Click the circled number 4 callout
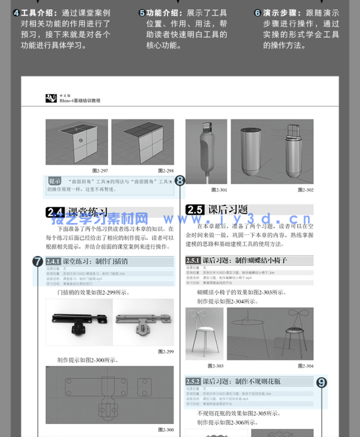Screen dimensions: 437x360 point(16,13)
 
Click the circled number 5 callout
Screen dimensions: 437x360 point(142,13)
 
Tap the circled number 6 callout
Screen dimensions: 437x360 point(257,13)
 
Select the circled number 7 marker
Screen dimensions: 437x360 point(37,261)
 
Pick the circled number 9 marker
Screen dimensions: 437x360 point(322,382)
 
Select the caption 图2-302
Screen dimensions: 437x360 point(305,190)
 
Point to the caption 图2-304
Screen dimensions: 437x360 point(305,366)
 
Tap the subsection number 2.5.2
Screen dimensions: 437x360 point(193,381)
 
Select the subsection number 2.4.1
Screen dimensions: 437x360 point(53,261)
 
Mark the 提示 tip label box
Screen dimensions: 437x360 point(55,181)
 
